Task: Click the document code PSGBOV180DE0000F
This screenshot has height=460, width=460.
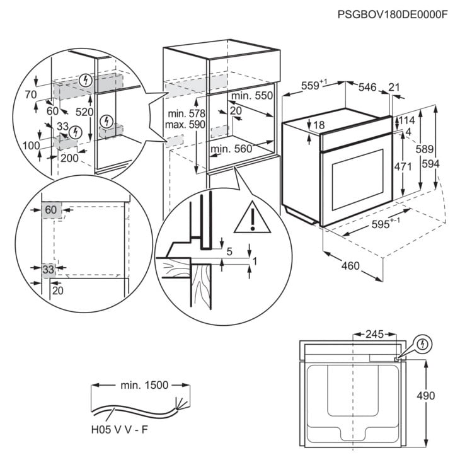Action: click(x=391, y=14)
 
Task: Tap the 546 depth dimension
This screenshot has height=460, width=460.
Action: click(x=367, y=87)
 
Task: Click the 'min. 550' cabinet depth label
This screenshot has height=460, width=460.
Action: click(x=251, y=96)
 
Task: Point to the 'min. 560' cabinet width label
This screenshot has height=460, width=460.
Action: click(x=231, y=149)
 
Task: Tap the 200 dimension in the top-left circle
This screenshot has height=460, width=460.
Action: click(x=69, y=158)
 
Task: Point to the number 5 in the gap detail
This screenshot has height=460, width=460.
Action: click(x=229, y=251)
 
